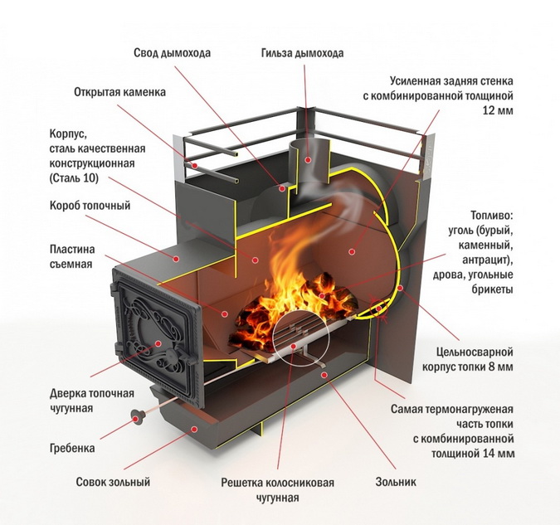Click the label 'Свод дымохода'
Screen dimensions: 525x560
tap(172, 53)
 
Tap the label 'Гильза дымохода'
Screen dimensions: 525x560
tap(301, 53)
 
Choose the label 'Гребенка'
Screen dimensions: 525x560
tap(71, 448)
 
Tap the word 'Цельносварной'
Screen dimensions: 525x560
tap(475, 352)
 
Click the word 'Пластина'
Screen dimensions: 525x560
tap(72, 249)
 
